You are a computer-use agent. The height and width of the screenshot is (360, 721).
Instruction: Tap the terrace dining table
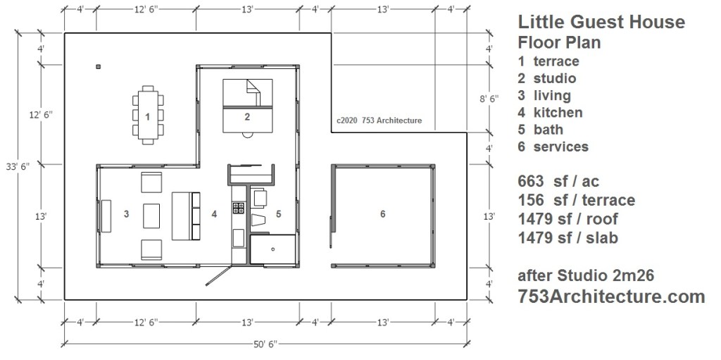point(148,115)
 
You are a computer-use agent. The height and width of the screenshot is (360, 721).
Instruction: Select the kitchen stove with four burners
point(239,208)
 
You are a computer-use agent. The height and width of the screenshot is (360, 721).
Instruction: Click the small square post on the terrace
point(98,67)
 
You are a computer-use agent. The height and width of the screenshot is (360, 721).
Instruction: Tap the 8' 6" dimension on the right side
point(489,98)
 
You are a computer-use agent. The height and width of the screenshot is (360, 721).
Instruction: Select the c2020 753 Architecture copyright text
point(379,120)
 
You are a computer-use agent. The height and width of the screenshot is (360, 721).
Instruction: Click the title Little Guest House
point(601,22)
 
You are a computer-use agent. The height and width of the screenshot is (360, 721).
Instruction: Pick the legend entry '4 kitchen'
point(550,112)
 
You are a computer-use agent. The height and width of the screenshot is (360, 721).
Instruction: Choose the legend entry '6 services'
point(553,147)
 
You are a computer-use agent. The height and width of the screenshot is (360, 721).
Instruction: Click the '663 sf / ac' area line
point(558,181)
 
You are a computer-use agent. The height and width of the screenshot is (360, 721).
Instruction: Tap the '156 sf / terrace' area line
point(576,200)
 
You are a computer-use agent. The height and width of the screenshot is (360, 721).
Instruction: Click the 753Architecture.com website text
point(611,297)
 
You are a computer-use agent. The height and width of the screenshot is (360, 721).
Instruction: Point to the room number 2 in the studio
point(247,116)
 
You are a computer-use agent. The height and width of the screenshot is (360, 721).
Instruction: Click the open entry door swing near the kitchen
point(218,275)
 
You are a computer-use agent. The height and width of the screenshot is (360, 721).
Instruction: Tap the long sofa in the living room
point(186,216)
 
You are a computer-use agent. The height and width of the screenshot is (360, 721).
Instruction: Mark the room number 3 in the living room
point(126,213)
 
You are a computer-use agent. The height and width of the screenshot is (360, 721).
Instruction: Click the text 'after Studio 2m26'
point(586,275)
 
